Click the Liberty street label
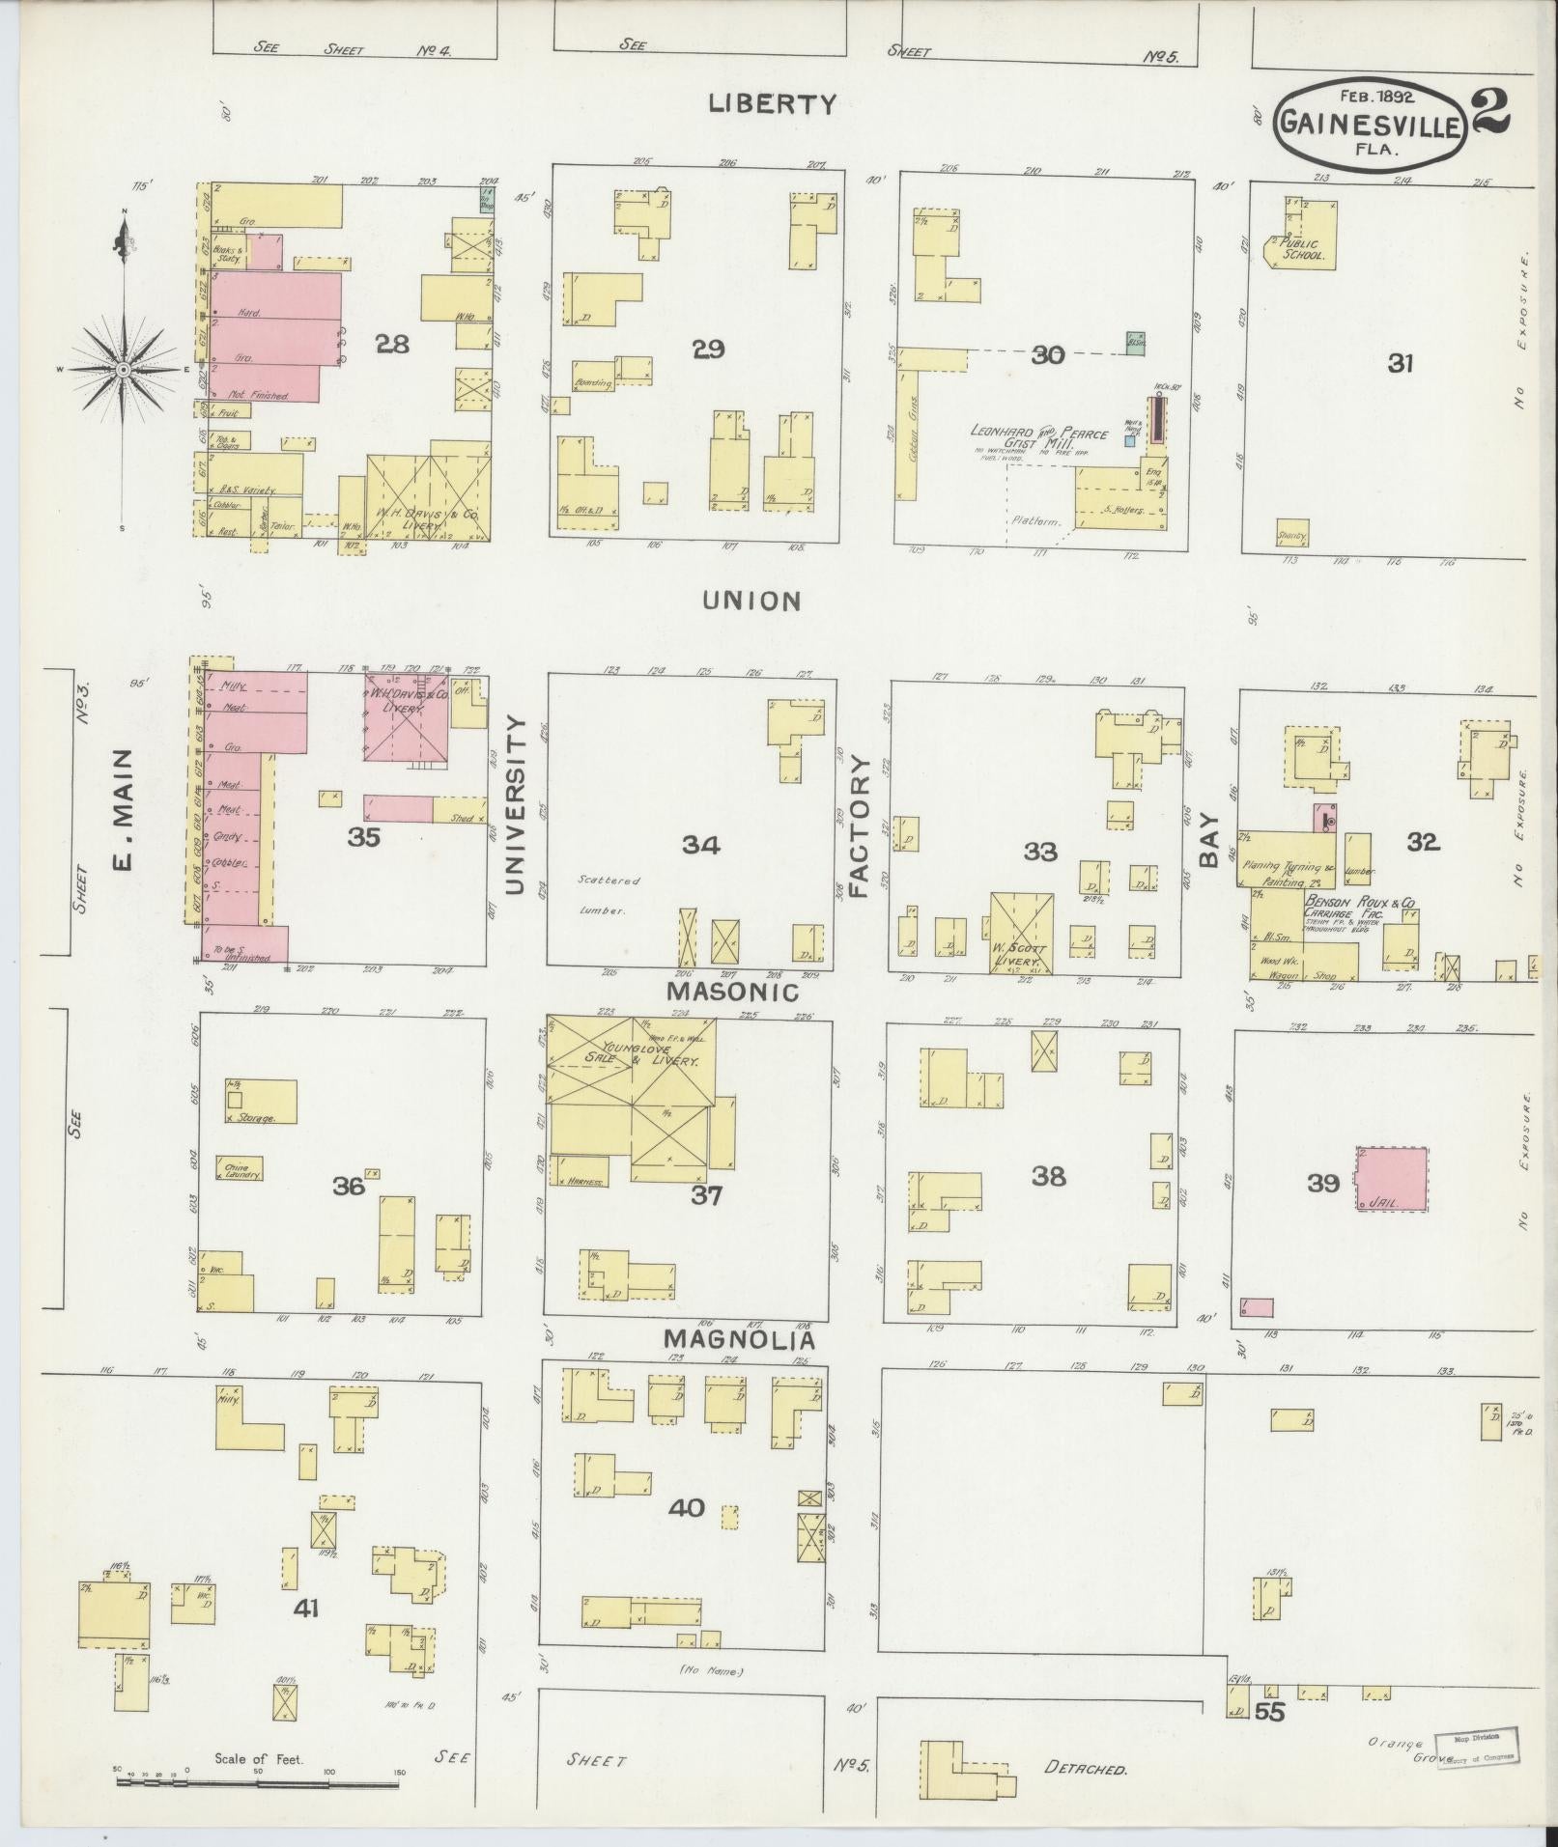pyautogui.click(x=771, y=104)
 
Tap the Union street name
pyautogui.click(x=751, y=602)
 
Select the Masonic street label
pyautogui.click(x=732, y=991)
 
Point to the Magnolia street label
pyautogui.click(x=739, y=1340)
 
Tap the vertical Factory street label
pyautogui.click(x=861, y=826)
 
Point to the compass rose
pyautogui.click(x=124, y=370)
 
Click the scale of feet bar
pyautogui.click(x=259, y=1779)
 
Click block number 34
pyautogui.click(x=700, y=846)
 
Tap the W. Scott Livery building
pyautogui.click(x=1021, y=932)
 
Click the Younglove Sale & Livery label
pyautogui.click(x=642, y=1053)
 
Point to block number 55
pyautogui.click(x=1271, y=1712)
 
